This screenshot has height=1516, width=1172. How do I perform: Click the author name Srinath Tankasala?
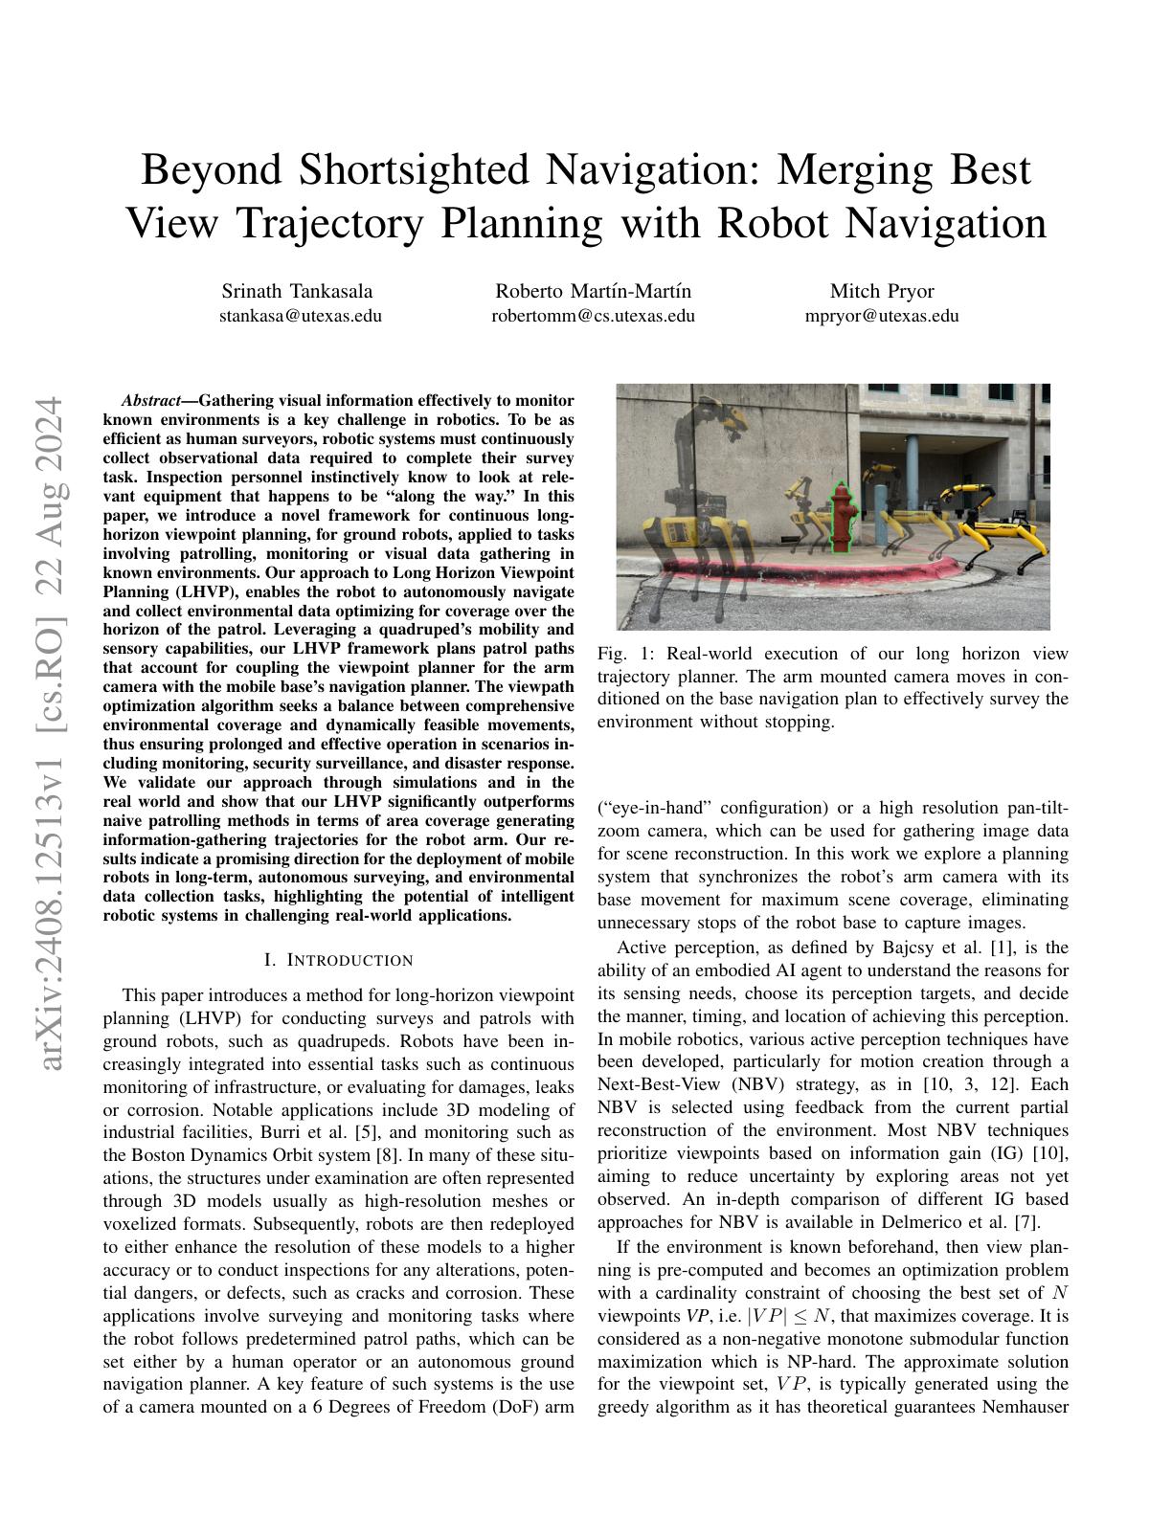click(297, 291)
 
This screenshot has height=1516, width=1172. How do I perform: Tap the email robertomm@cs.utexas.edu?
click(593, 316)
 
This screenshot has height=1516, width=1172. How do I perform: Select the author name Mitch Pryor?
click(881, 291)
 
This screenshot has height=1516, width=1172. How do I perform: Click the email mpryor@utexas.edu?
click(881, 316)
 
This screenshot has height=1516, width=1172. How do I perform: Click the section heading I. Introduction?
click(338, 960)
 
